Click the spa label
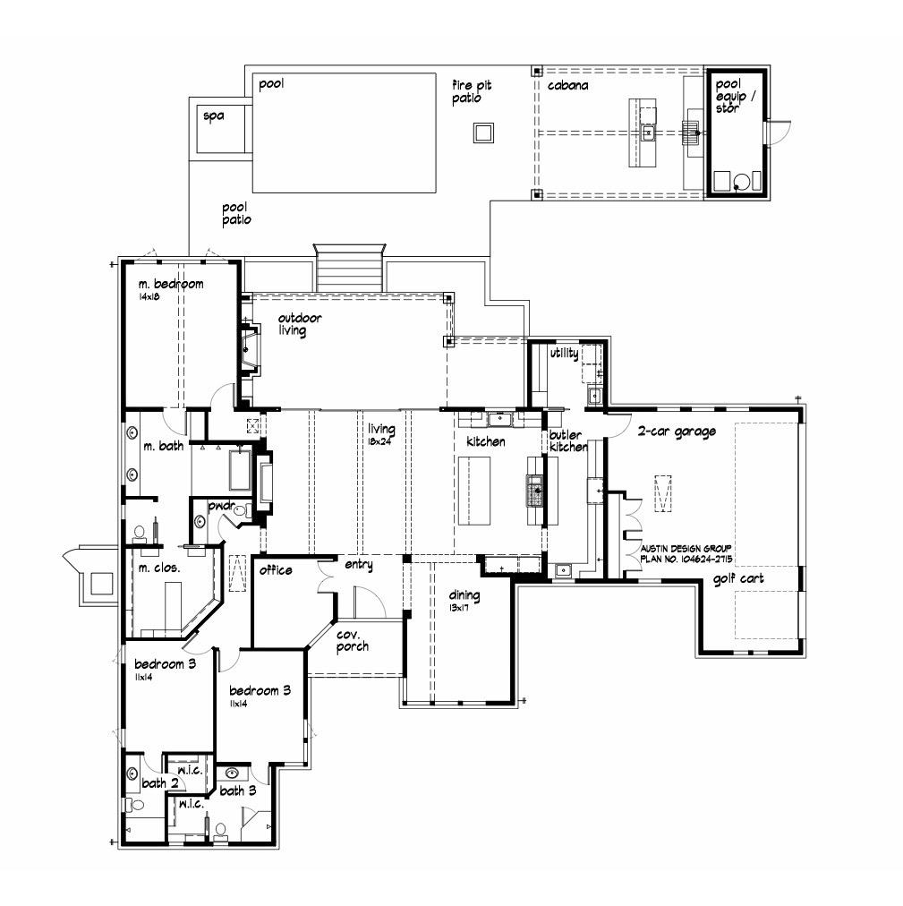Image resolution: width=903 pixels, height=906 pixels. (213, 116)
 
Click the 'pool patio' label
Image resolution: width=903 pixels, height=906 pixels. (236, 213)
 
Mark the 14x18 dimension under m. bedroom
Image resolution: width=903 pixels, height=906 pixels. (149, 296)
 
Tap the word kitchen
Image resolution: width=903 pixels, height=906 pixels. (486, 442)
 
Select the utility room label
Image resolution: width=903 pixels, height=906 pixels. (564, 354)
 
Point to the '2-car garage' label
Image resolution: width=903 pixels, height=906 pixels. (676, 432)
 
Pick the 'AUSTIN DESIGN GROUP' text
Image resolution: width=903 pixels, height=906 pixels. (686, 547)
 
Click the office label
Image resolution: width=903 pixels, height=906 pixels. (277, 570)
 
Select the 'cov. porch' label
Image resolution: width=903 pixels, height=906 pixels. (353, 640)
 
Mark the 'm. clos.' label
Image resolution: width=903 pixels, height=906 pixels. (158, 568)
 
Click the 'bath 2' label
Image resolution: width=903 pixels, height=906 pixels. (160, 783)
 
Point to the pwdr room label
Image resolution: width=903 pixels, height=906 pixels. (221, 506)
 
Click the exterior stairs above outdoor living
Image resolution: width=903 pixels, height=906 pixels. (349, 267)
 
